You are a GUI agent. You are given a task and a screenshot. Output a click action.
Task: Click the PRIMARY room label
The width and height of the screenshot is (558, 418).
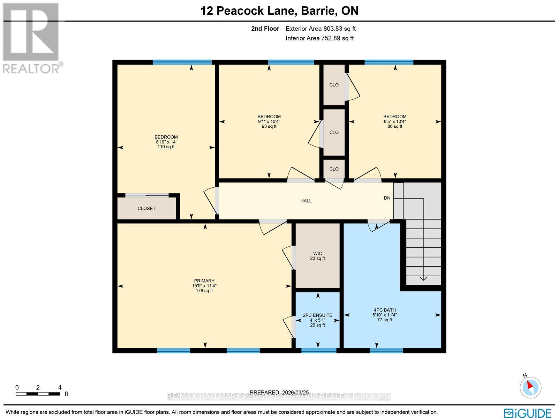tap(204, 285)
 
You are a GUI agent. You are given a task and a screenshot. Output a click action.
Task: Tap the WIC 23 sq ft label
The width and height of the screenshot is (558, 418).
tap(317, 256)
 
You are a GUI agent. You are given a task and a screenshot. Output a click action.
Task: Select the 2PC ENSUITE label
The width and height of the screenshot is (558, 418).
tap(317, 320)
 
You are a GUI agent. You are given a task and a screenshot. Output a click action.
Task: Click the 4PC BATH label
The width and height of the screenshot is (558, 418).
tap(384, 314)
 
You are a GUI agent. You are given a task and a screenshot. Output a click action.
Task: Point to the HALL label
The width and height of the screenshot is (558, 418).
tap(306, 201)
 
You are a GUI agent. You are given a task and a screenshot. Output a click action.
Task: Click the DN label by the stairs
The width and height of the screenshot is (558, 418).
tap(387, 198)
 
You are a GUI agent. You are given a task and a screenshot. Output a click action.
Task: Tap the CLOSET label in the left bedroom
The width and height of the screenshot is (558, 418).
tap(146, 208)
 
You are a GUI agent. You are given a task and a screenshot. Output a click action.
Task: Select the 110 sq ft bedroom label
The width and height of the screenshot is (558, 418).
tap(166, 142)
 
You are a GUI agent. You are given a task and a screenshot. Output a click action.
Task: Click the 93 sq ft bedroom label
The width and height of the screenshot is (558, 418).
tap(269, 121)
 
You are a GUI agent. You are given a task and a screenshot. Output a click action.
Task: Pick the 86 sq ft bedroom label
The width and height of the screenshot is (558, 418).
tap(395, 121)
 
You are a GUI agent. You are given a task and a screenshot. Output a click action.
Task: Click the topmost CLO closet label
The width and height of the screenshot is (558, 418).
tap(334, 85)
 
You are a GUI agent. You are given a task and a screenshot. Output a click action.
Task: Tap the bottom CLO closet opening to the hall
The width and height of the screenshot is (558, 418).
tap(334, 169)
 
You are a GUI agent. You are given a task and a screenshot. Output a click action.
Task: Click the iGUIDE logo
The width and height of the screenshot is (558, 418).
tap(528, 413)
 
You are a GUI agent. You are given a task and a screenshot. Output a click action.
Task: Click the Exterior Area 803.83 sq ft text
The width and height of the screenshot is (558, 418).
tap(321, 29)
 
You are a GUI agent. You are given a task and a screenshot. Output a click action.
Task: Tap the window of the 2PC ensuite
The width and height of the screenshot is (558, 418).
tap(318, 350)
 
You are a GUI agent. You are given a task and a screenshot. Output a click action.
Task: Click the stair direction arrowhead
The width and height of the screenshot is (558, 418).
tap(423, 278)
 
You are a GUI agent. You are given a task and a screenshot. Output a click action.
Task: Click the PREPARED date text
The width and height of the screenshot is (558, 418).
tap(280, 392)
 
